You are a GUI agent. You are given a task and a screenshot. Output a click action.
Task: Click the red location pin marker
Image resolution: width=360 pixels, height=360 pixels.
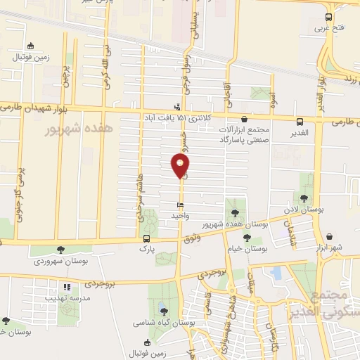(180, 166)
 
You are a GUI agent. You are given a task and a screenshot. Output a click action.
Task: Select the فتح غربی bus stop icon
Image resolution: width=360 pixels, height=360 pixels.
(328, 18)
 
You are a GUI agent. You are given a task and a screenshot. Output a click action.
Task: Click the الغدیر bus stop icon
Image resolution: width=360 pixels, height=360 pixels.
(300, 121)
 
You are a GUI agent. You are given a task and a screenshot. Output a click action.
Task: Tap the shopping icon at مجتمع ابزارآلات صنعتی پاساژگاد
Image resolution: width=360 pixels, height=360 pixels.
(244, 120)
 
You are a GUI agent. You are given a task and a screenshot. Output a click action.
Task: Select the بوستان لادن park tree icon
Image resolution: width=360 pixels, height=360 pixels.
(304, 198)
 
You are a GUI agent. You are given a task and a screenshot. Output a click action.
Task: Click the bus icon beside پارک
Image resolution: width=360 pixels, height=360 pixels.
(146, 237)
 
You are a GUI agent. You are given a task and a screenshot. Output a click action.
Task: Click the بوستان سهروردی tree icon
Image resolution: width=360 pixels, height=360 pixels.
(60, 249)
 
